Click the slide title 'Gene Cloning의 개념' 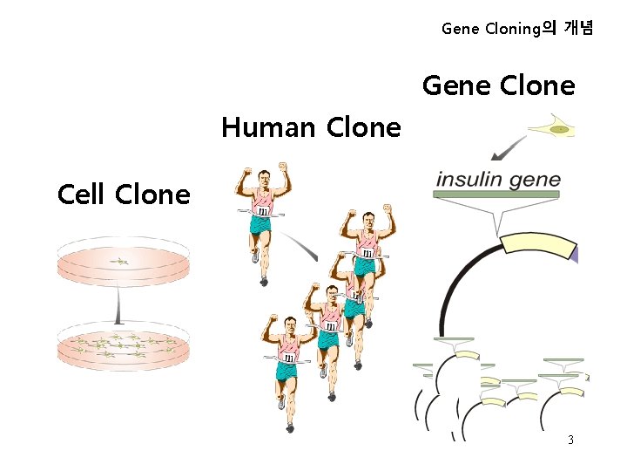click(517, 29)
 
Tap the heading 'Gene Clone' click(498, 86)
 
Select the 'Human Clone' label click(311, 128)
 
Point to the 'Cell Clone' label click(123, 194)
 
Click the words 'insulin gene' click(498, 180)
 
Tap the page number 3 click(570, 440)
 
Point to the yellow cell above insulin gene click(554, 129)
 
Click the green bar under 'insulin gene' click(497, 194)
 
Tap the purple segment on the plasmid click(573, 252)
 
